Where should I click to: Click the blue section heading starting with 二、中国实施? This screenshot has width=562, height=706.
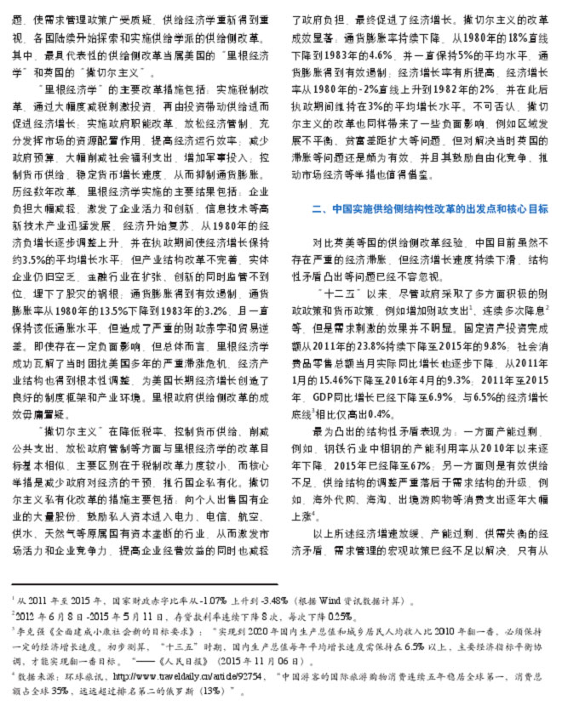[429, 208]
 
